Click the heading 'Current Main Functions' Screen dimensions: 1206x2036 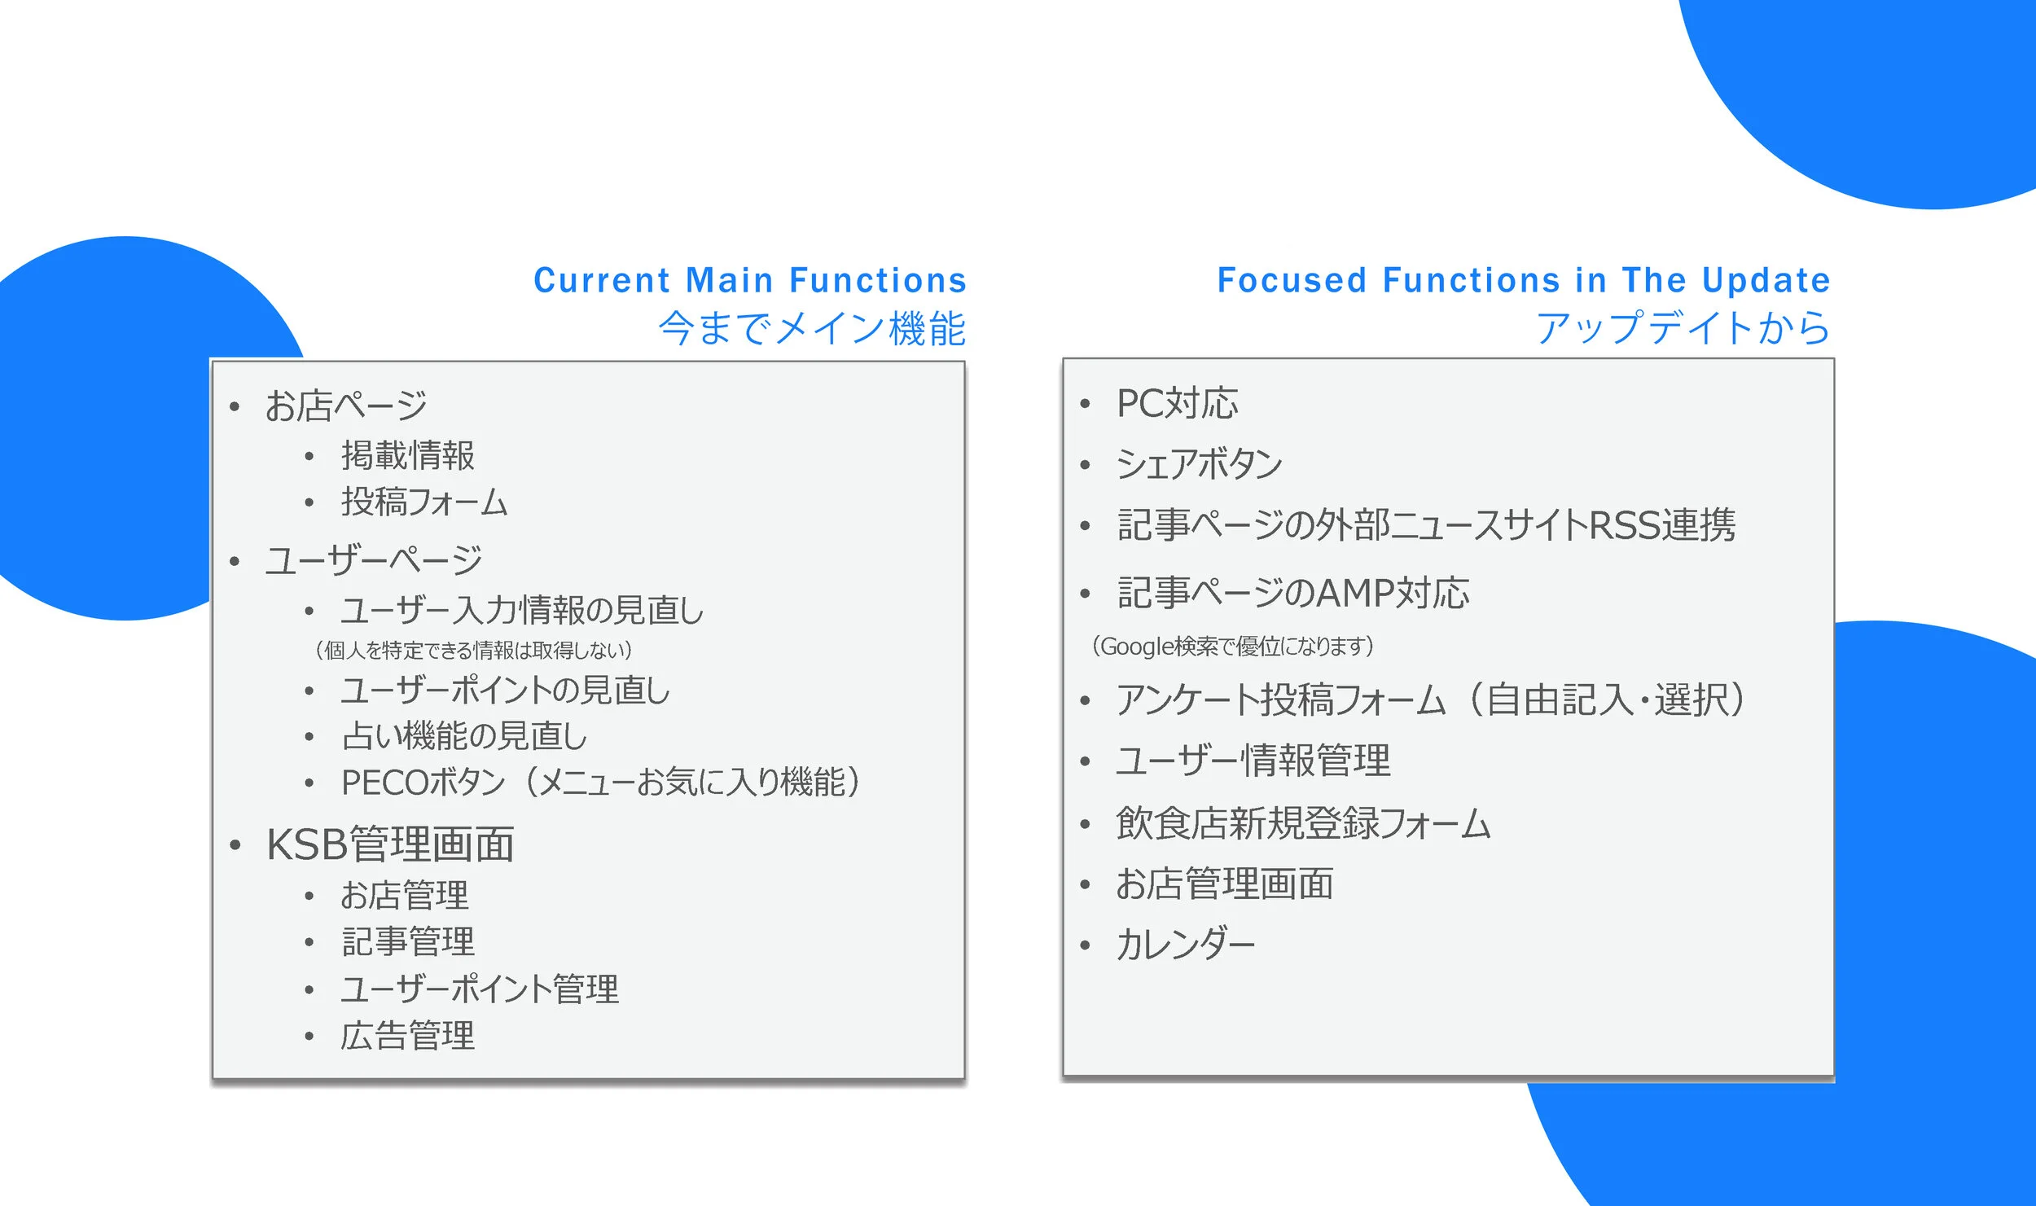(x=749, y=280)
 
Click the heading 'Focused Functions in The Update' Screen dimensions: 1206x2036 (x=1524, y=280)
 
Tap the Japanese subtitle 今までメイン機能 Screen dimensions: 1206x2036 (x=812, y=328)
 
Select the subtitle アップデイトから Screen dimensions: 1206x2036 (x=1683, y=328)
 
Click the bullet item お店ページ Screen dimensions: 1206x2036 (x=345, y=406)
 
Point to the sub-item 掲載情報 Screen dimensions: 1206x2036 (x=407, y=455)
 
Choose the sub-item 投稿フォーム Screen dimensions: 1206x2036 (x=423, y=502)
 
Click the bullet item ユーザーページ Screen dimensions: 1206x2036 (x=374, y=561)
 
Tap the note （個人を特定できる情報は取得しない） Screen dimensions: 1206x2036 (x=473, y=650)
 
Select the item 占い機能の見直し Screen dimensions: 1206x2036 (x=464, y=736)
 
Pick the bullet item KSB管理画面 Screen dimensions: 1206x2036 (x=390, y=844)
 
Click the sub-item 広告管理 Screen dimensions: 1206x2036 (x=407, y=1036)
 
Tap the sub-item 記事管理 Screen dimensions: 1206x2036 (x=407, y=942)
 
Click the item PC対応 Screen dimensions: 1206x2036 (x=1177, y=404)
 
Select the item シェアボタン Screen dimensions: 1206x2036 (x=1199, y=464)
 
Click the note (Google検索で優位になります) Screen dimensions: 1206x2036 (x=1232, y=647)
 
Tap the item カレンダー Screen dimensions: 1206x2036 (x=1185, y=945)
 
